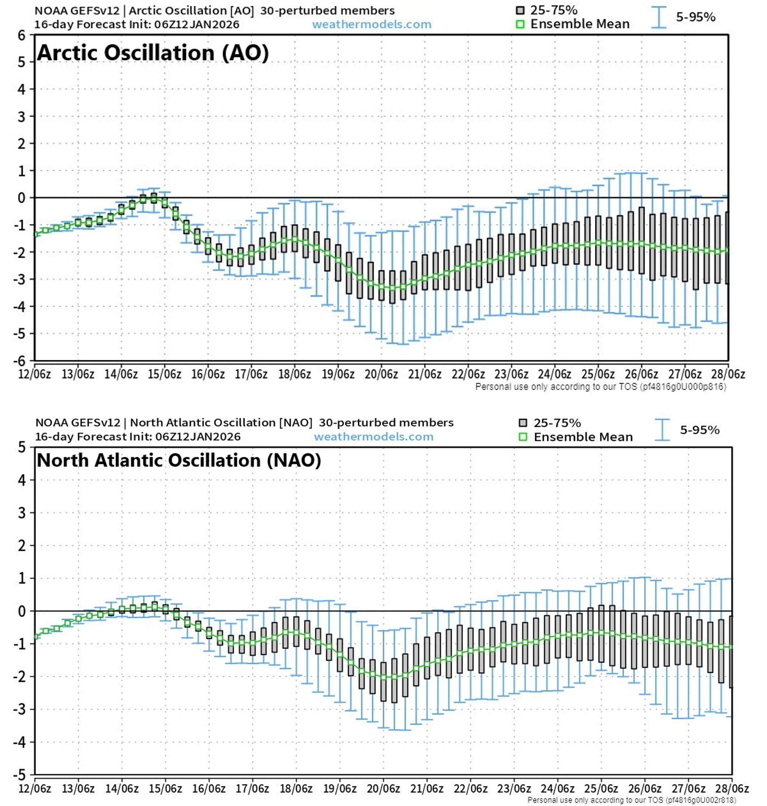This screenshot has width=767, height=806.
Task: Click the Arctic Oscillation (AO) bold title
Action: click(153, 53)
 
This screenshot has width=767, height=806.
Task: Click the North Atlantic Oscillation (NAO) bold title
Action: click(179, 460)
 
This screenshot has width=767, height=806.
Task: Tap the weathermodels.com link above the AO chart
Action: click(372, 24)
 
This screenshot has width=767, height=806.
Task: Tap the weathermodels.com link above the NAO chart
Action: click(374, 437)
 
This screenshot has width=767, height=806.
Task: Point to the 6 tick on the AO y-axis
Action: click(21, 35)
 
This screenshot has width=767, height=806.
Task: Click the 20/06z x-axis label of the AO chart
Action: click(381, 374)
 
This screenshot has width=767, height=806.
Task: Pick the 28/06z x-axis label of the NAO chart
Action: click(732, 788)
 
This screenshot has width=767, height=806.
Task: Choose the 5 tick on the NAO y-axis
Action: click(22, 447)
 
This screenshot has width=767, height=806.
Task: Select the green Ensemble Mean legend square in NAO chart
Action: click(522, 437)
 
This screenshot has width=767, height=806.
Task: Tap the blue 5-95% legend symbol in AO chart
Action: click(659, 17)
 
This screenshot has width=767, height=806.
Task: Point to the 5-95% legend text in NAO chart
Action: click(699, 430)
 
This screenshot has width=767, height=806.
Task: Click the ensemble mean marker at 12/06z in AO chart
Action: click(36, 234)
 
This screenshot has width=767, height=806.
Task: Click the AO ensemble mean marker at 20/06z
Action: click(381, 286)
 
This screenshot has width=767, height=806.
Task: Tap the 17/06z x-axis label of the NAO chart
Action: click(252, 788)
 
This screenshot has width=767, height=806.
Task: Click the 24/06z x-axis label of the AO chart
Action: click(554, 374)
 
